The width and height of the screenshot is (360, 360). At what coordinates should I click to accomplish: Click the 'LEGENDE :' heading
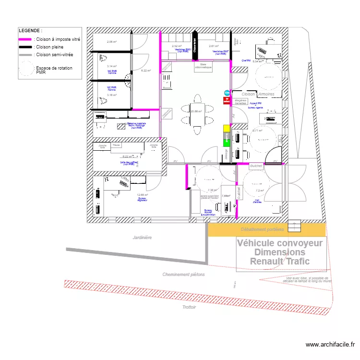(30, 30)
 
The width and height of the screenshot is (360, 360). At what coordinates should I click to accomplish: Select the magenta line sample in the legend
(25, 39)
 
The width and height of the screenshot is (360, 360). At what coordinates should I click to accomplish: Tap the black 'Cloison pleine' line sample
(25, 47)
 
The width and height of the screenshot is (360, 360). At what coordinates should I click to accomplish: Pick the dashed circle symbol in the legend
(26, 71)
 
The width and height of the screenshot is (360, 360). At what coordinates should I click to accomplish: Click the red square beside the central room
(227, 100)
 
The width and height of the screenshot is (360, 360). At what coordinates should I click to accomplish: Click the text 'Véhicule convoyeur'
(280, 243)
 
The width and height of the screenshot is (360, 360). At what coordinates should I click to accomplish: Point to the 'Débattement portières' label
(263, 230)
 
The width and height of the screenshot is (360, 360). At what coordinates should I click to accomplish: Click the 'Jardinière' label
(143, 238)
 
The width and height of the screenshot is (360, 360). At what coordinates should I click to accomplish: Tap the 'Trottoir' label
(189, 307)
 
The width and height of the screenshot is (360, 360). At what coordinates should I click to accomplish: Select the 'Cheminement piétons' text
(183, 275)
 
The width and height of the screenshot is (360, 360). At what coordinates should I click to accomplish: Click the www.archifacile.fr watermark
(331, 345)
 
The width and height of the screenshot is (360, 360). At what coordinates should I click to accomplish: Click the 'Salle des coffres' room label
(129, 163)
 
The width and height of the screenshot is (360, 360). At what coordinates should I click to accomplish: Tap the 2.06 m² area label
(111, 42)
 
